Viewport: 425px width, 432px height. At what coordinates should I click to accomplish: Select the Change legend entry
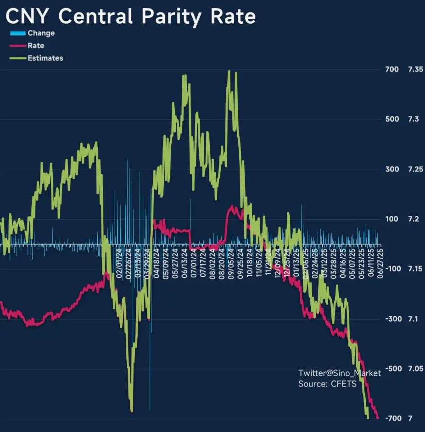pos(40,33)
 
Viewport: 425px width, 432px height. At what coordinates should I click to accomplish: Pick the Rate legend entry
pos(35,46)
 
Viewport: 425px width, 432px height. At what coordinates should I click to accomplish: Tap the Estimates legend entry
pos(45,58)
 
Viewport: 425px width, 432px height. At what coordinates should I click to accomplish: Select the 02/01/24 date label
pos(119,263)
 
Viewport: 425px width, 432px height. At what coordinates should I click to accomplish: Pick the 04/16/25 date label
pos(343,263)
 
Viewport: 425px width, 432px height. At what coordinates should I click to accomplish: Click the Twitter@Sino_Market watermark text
pos(339,373)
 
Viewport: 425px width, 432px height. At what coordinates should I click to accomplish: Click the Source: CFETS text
pos(327,384)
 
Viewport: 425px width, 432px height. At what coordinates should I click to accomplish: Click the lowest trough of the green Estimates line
pos(132,410)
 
